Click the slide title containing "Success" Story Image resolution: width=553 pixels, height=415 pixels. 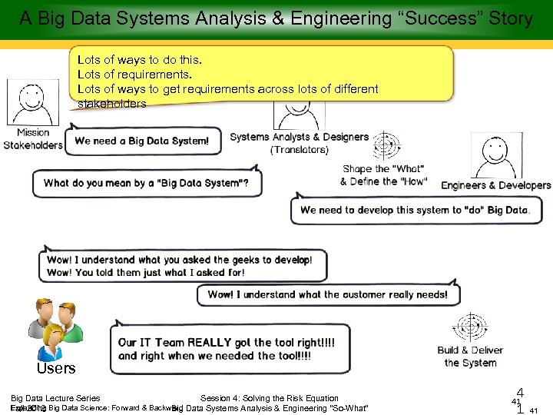point(276,18)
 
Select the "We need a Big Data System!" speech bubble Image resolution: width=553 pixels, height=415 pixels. point(142,141)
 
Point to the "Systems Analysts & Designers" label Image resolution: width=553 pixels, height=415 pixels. point(299,137)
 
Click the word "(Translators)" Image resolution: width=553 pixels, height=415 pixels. point(299,150)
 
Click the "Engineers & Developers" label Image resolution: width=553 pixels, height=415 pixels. point(495,185)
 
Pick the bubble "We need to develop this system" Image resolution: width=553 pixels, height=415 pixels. point(415,210)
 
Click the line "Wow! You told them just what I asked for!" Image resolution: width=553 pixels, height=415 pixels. point(146,272)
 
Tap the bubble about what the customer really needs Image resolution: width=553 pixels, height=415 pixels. point(327,294)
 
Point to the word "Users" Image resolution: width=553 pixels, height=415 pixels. point(56,368)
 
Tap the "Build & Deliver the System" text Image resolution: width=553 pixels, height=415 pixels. point(470,357)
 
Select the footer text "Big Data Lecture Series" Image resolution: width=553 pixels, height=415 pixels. point(55,398)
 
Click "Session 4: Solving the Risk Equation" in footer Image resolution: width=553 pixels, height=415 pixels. point(269,398)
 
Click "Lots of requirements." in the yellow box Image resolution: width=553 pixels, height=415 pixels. point(134,75)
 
